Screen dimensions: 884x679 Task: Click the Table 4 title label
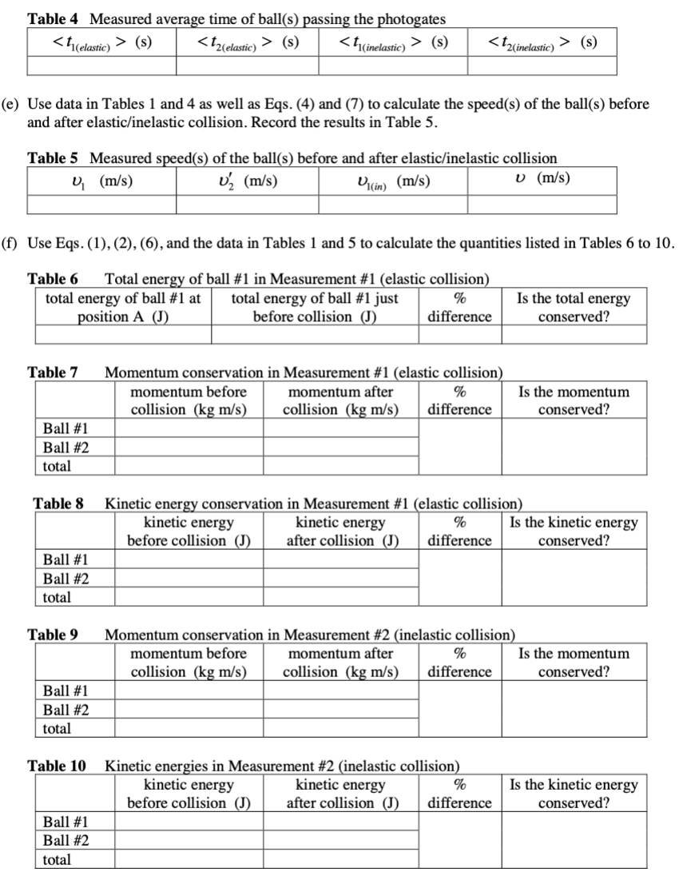[55, 18]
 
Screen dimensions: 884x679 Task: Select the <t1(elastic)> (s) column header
[101, 41]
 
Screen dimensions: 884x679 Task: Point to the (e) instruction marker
[15, 105]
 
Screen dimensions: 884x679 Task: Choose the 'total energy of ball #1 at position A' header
[123, 308]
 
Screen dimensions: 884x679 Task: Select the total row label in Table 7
[57, 465]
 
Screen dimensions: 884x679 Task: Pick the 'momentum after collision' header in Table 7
[340, 400]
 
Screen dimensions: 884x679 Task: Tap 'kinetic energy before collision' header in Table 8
[189, 532]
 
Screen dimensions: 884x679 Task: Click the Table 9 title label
[53, 635]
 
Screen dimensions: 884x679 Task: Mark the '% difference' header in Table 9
[459, 663]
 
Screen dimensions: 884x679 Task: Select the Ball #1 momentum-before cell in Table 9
[189, 691]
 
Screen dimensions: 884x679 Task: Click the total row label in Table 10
[57, 859]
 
